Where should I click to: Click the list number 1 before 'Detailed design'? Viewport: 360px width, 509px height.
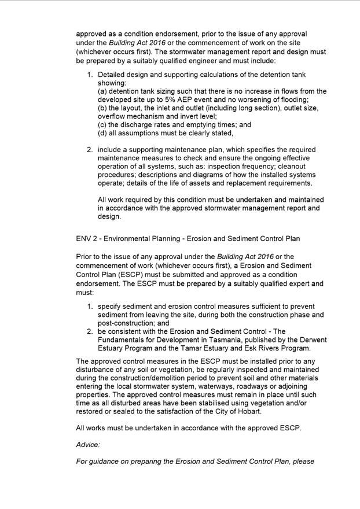(90, 75)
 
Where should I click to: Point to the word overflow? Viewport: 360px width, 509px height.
(114, 116)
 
